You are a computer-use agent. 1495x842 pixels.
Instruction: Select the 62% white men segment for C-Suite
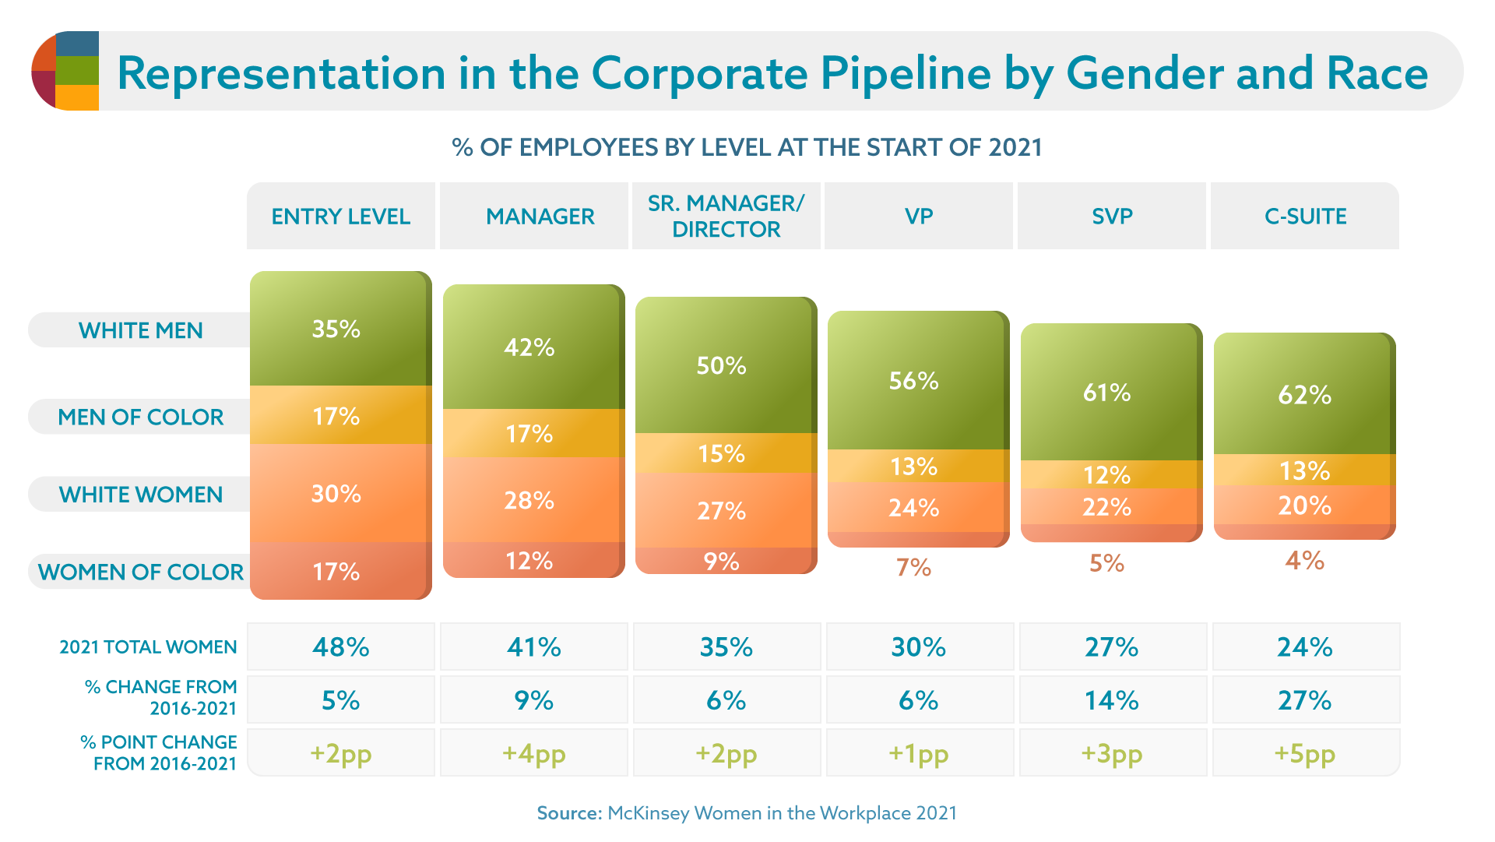coord(1304,394)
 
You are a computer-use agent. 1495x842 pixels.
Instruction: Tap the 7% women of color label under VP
coord(913,567)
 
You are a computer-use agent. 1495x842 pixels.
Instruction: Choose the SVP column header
coord(1111,217)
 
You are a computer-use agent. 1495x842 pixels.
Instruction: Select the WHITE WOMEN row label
coord(141,495)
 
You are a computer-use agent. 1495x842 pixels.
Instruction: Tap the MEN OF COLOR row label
coord(141,417)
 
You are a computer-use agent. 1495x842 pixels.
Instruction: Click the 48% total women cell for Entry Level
coord(341,646)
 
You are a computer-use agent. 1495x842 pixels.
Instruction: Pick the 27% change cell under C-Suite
coord(1305,700)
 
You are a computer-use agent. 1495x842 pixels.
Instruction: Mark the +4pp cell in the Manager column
coord(533,753)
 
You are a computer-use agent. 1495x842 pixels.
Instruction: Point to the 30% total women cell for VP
coord(919,646)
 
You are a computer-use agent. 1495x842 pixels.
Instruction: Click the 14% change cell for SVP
coord(1112,700)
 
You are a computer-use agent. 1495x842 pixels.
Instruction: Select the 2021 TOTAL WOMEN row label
coord(148,647)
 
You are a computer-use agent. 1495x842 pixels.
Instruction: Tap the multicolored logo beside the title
coord(65,71)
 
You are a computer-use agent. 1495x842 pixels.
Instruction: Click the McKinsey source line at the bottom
coord(747,813)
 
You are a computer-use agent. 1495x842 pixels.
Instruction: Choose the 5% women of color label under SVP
coord(1106,563)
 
